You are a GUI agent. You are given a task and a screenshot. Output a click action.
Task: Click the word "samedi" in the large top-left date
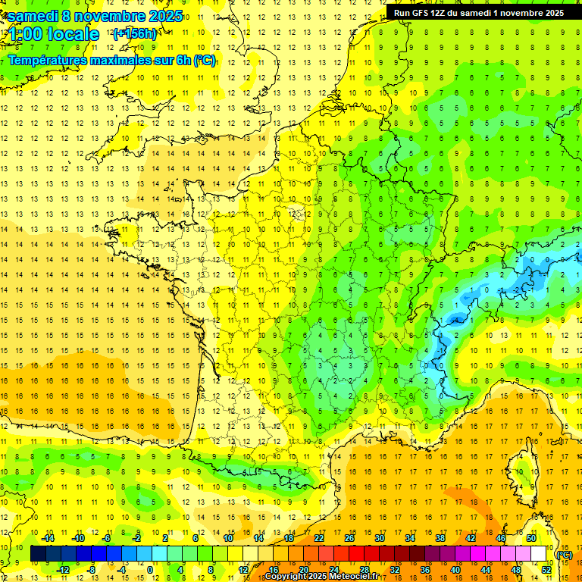point(33,16)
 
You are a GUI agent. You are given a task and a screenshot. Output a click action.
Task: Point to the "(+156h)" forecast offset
point(135,33)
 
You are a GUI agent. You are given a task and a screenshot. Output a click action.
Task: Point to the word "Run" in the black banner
point(402,13)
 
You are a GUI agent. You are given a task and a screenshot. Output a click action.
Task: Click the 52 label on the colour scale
point(546,570)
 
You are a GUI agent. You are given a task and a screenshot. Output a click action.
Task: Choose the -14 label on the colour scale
point(48,538)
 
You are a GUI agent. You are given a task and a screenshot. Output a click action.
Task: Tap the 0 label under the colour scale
point(150,570)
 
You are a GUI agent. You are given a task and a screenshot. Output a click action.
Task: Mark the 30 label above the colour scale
point(379,538)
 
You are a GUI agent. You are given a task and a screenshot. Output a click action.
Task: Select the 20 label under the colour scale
point(302,570)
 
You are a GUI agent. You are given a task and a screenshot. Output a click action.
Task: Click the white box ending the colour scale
point(538,554)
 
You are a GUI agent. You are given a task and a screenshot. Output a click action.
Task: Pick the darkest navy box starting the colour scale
point(38,554)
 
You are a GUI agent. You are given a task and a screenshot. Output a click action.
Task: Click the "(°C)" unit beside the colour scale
point(564,554)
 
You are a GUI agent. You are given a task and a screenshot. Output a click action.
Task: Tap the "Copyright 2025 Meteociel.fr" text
point(322,577)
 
